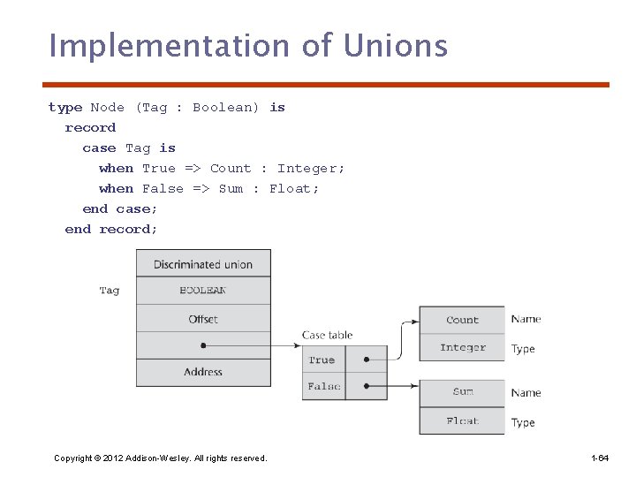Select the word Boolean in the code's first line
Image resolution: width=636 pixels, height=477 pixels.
click(225, 108)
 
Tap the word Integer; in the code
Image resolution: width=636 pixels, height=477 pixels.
click(311, 169)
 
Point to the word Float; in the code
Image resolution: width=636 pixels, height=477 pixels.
click(294, 189)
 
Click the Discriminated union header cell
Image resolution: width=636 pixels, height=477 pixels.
click(203, 264)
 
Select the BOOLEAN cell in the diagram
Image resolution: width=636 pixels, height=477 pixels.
click(203, 291)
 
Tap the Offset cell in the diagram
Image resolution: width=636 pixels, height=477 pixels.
click(203, 319)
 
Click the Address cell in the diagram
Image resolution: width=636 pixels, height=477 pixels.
click(203, 372)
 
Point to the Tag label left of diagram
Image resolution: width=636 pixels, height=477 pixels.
click(110, 291)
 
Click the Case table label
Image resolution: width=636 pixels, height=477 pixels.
click(327, 335)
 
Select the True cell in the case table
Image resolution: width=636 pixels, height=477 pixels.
click(322, 360)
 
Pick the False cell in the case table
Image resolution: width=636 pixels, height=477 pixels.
click(323, 387)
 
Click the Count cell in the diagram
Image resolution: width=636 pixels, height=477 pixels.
click(462, 320)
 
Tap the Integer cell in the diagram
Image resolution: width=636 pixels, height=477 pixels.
click(462, 348)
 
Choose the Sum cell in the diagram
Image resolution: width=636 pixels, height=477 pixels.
click(462, 392)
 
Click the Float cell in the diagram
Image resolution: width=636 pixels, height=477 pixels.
click(462, 421)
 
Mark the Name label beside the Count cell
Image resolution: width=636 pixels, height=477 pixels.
click(526, 319)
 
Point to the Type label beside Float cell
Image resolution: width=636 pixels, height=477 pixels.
click(523, 422)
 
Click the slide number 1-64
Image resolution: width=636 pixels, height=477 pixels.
click(600, 458)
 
